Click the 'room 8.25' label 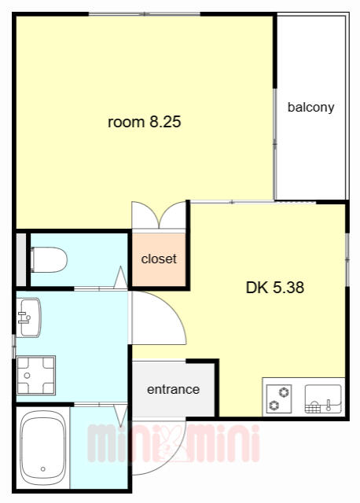point(145,122)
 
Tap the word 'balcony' point(311,107)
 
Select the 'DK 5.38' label point(275,288)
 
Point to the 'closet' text point(159,259)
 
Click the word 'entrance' point(173,390)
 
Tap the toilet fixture point(49,259)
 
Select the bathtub point(42,448)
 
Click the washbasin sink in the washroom point(28,318)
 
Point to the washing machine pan point(36,376)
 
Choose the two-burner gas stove point(279,398)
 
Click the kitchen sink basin point(323,398)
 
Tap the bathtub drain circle point(42,469)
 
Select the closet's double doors point(159,215)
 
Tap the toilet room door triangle point(120,277)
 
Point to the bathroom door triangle point(121,415)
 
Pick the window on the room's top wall point(145,14)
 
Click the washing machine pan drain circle point(27,376)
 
